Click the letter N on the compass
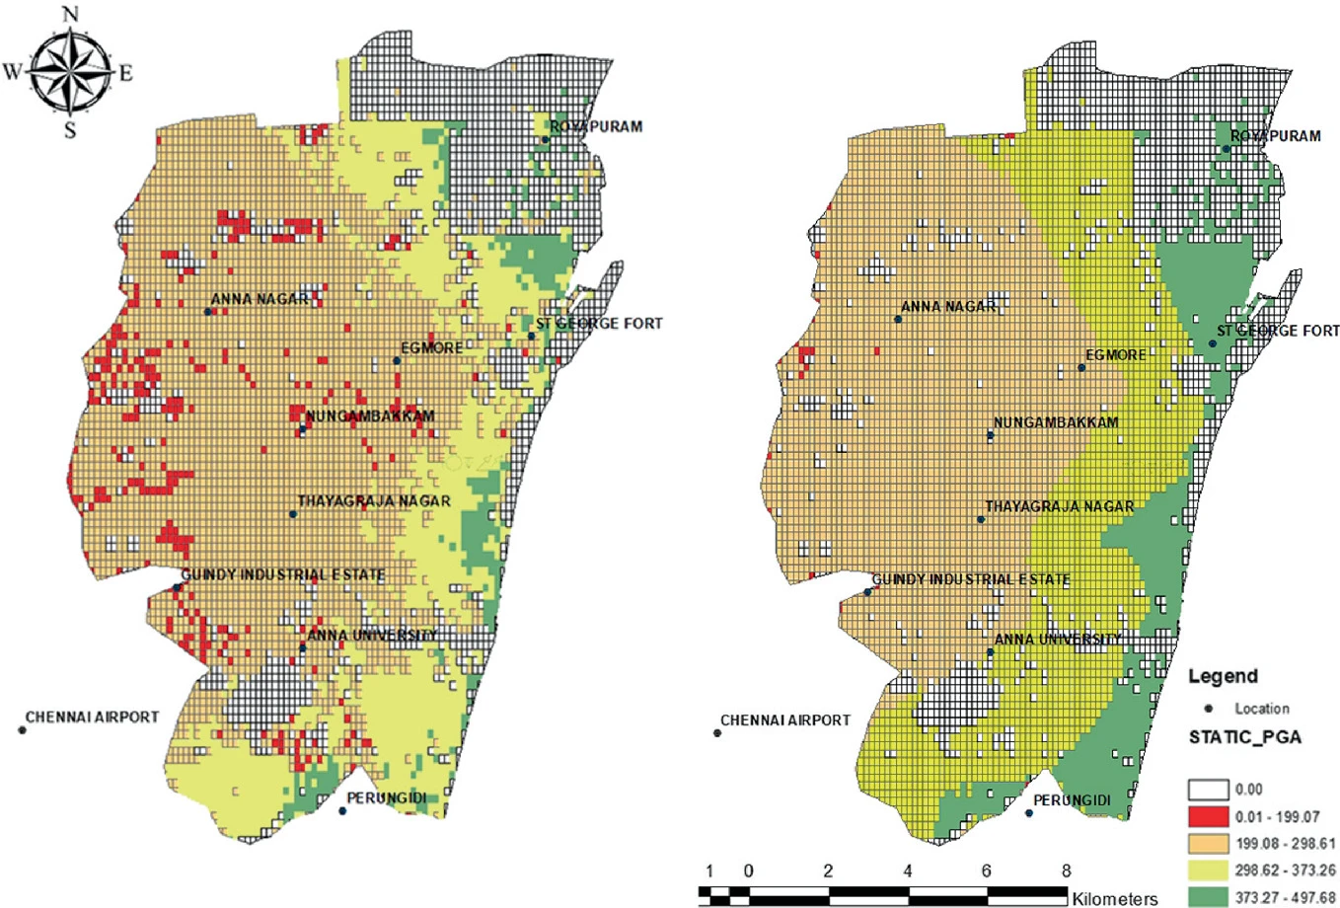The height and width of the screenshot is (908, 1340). [x=70, y=14]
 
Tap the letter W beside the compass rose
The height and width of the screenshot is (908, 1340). [x=12, y=72]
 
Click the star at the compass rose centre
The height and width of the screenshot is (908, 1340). [x=70, y=72]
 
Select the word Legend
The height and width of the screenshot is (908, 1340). [x=1222, y=676]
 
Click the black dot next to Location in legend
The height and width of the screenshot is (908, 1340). [x=1208, y=709]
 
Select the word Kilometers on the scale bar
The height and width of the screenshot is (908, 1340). [x=1115, y=899]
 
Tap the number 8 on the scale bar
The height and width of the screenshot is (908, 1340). [x=1066, y=871]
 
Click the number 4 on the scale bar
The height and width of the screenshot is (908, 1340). [x=907, y=871]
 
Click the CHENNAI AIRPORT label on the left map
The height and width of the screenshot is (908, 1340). [x=92, y=718]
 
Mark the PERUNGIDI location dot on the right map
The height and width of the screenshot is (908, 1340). [x=1029, y=813]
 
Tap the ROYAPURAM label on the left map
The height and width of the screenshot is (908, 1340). [x=596, y=126]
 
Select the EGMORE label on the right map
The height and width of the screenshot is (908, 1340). [x=1115, y=355]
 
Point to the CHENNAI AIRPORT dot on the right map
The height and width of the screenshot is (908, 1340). [x=717, y=732]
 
